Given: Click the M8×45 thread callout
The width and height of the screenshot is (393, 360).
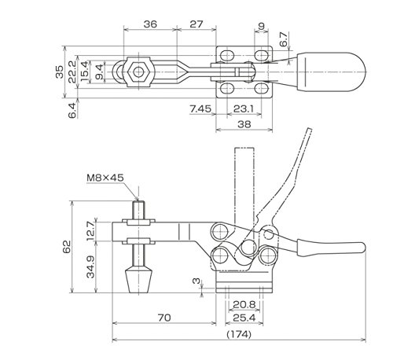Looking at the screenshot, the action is (x=105, y=178).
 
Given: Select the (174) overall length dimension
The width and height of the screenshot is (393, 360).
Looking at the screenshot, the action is (x=239, y=334).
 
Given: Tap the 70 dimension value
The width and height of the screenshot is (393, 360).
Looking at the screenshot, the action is (x=164, y=318).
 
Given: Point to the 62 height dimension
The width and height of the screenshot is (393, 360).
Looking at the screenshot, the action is (x=67, y=247).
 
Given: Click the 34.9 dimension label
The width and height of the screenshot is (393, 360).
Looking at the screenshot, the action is (x=91, y=266).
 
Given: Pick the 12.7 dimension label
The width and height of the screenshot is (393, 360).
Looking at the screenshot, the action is (x=90, y=231).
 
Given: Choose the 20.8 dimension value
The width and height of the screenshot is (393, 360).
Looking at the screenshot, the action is (x=244, y=304).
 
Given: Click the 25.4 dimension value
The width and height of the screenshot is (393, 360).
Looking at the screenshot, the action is (x=244, y=318).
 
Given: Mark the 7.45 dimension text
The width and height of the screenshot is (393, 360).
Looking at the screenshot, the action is (x=200, y=108).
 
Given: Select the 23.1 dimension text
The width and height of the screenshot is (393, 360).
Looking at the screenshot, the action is (x=244, y=108).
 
